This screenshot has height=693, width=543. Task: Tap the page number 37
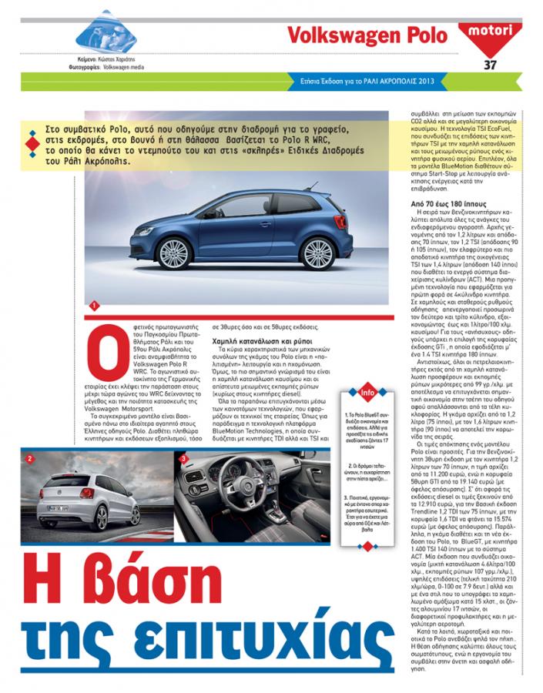pos(491,64)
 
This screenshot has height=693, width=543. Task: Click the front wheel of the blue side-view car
pos(317,253)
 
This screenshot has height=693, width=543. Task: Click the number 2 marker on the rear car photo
pos(29,460)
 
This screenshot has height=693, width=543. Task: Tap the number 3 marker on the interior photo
pos(184,460)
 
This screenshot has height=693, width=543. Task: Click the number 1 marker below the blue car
pos(94,306)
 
